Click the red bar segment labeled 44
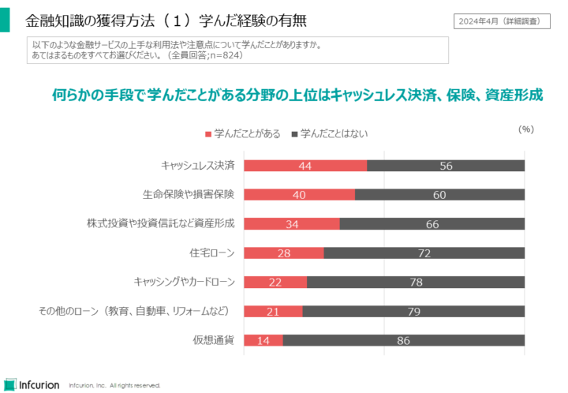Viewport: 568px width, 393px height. click(305, 166)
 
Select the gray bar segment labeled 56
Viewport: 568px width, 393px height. click(446, 166)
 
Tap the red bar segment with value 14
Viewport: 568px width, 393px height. click(263, 340)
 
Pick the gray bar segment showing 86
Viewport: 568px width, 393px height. click(403, 340)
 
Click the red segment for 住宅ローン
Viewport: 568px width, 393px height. click(284, 253)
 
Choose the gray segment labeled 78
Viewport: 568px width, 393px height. click(416, 283)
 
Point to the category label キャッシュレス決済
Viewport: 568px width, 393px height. click(197, 166)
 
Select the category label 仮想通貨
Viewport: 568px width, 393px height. click(214, 340)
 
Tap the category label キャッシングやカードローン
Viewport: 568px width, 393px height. click(185, 282)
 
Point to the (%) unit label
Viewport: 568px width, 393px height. click(526, 128)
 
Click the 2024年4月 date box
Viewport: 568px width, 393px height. click(503, 21)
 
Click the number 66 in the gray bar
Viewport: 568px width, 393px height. click(432, 224)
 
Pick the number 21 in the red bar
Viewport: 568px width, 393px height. click(273, 311)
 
